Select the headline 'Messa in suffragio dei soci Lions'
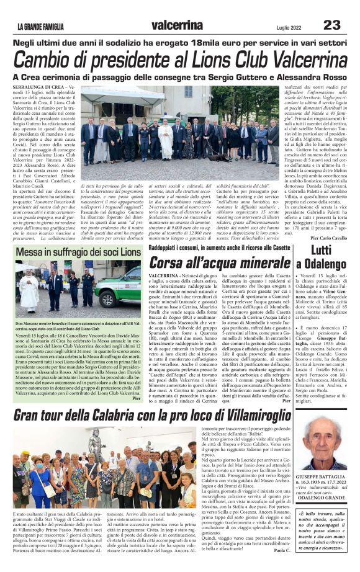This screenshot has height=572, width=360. tap(78, 252)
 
